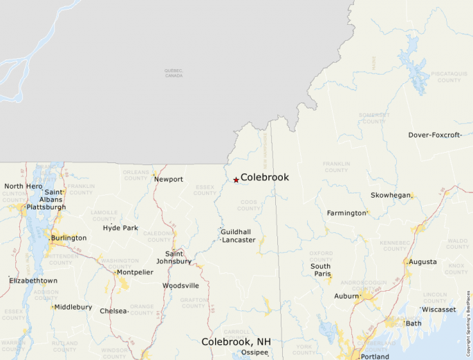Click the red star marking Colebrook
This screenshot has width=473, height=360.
pos(236,180)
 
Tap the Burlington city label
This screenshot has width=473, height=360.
pos(69,238)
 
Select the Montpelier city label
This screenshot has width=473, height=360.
pos(135,272)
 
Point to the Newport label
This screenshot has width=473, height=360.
pos(169,180)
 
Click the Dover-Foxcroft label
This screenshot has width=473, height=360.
pos(434,135)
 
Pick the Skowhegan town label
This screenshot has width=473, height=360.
pos(390,196)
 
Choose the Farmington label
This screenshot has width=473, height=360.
pos(346,213)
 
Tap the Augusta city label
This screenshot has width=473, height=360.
pos(423,262)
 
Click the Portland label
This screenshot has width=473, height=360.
pos(374,357)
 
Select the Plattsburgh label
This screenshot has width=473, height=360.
pos(46,207)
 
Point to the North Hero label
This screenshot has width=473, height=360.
pos(24,186)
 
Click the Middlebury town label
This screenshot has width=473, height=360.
pos(73,307)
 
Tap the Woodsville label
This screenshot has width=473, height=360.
pos(180,285)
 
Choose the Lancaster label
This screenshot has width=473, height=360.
pos(239,240)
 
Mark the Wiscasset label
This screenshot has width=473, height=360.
pos(439,310)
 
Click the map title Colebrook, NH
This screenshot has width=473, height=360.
pos(236,342)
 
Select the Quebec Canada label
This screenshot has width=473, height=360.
pos(174,73)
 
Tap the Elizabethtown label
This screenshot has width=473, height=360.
pos(33,281)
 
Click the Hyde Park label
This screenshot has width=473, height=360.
pos(120,228)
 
